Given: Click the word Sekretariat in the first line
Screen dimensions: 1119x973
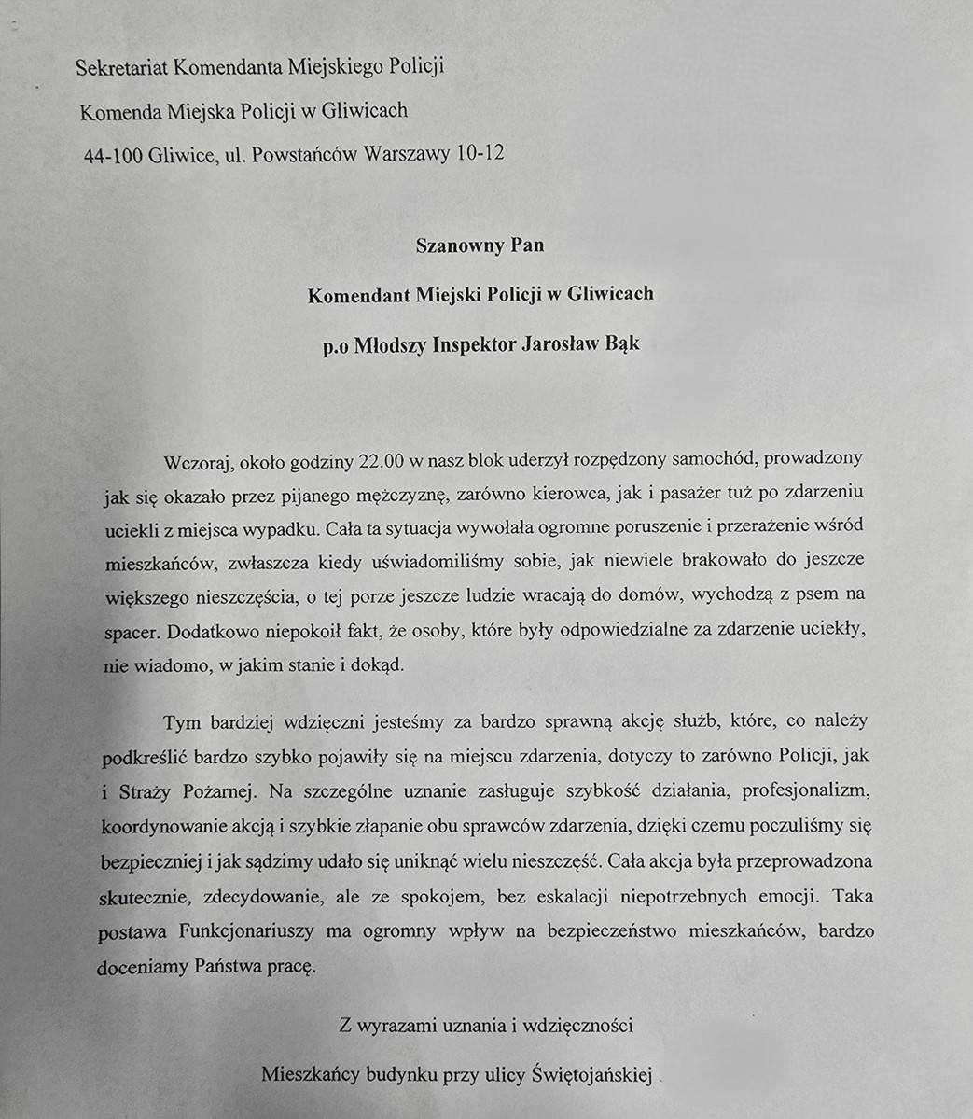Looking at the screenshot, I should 123,67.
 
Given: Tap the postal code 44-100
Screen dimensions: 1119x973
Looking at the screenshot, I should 113,155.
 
